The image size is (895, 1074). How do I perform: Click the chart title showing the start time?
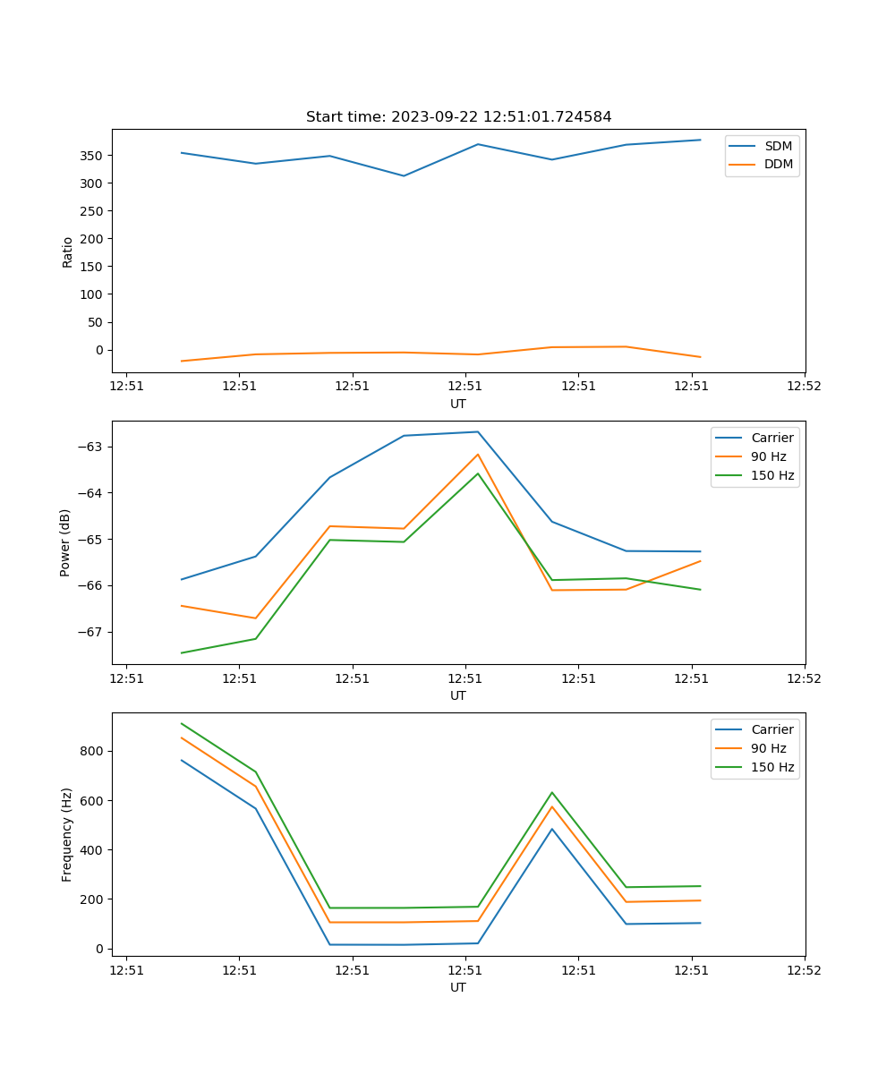[x=458, y=117]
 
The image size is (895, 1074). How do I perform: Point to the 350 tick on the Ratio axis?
[x=92, y=156]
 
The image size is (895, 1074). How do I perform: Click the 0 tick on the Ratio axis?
[x=99, y=350]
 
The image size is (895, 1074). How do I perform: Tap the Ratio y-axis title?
[x=67, y=251]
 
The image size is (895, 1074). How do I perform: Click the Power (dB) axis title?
[x=65, y=542]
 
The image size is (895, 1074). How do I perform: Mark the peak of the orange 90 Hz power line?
[x=478, y=454]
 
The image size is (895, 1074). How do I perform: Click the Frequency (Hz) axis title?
[x=67, y=834]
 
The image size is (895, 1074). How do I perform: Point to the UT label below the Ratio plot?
[x=458, y=404]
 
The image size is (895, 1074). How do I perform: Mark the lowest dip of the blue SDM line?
[x=404, y=175]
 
